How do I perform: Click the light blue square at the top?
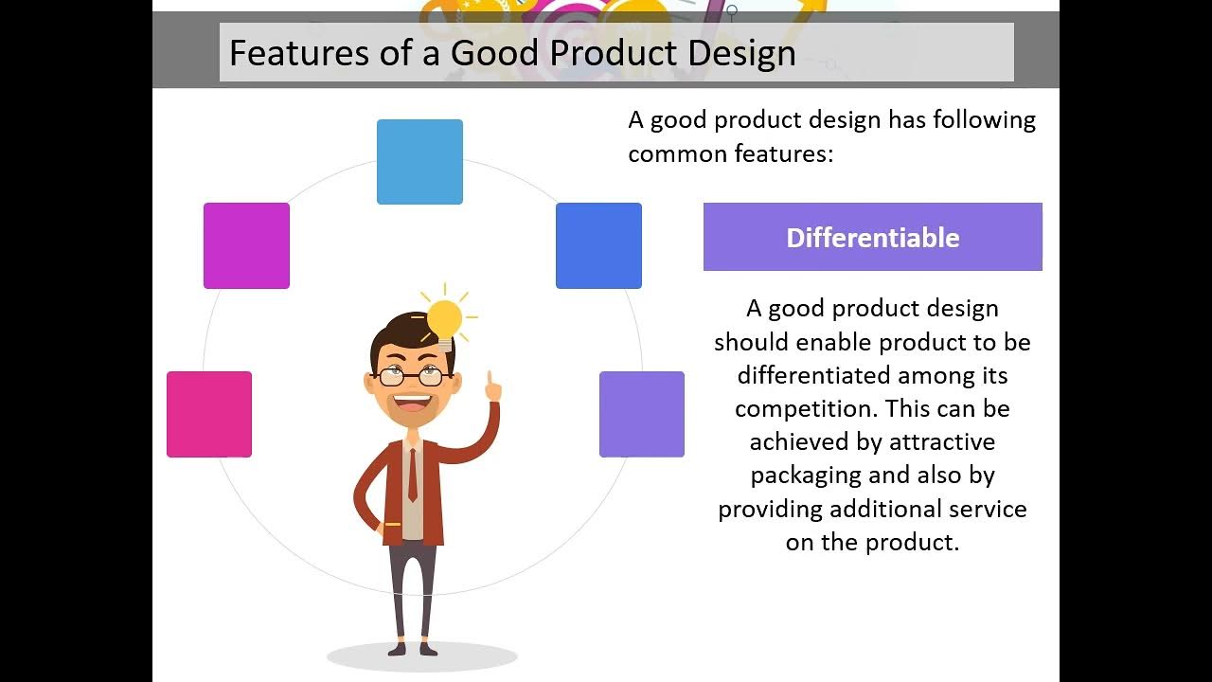[x=419, y=162]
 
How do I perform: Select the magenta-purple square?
[x=247, y=245]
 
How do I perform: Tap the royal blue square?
[x=599, y=245]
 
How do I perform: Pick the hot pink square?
[x=209, y=414]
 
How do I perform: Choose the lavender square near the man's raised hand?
[x=642, y=414]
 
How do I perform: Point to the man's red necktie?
[x=413, y=476]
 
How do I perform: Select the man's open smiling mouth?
[x=412, y=403]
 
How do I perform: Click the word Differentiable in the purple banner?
[x=873, y=238]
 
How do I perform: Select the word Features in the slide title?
[x=299, y=52]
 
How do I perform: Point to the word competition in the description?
[x=803, y=409]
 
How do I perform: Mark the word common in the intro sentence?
[x=677, y=154]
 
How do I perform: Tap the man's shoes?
[x=412, y=649]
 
